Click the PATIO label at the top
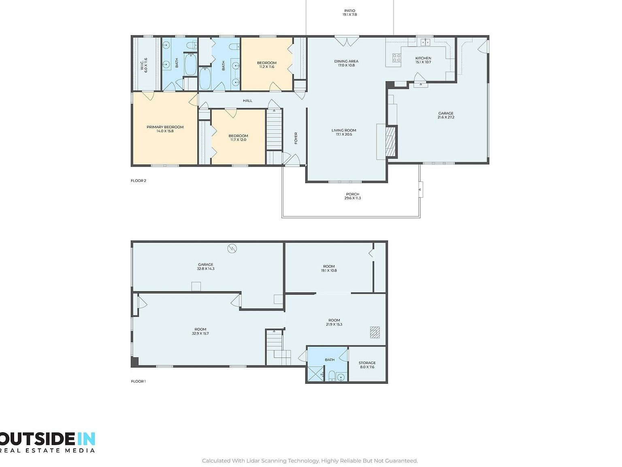(x=349, y=11)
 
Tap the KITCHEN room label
(x=423, y=58)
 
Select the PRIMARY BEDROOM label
(x=165, y=127)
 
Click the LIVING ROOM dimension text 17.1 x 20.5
(x=344, y=134)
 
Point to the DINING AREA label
(x=346, y=61)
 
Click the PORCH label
(x=352, y=194)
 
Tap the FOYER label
(x=296, y=138)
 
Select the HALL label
(x=247, y=101)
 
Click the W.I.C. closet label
(x=142, y=65)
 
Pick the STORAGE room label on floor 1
(x=367, y=363)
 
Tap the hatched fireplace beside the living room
(x=390, y=141)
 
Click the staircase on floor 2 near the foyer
(x=274, y=130)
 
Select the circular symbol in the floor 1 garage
(x=232, y=248)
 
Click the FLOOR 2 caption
(x=138, y=181)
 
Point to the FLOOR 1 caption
(x=138, y=381)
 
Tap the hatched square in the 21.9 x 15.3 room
(x=375, y=332)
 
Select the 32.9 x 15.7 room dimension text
(x=200, y=334)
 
